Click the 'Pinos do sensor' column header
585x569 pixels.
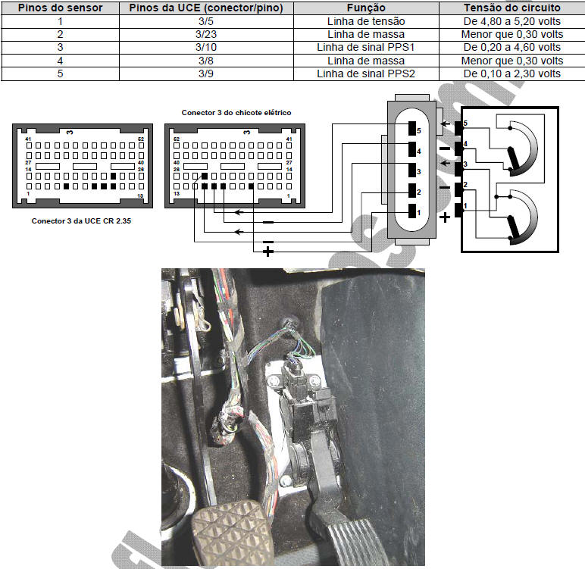pos(60,8)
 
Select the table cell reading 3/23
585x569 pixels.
pos(206,34)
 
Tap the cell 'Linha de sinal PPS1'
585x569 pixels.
pos(365,48)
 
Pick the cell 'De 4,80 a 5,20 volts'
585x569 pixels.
pos(512,21)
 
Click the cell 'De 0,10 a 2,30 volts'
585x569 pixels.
pos(512,73)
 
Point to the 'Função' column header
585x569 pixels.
pos(366,8)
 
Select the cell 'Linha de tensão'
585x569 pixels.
pos(366,21)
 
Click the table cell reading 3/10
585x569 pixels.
pos(206,48)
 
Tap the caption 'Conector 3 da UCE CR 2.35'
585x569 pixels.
pos(81,221)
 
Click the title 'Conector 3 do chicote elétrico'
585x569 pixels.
pos(236,113)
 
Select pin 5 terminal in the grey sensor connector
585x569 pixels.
pos(412,128)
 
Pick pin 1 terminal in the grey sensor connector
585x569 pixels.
pos(412,211)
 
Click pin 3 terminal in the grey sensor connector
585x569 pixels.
pos(412,170)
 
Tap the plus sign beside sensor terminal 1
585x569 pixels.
pos(445,217)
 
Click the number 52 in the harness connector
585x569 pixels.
pos(177,139)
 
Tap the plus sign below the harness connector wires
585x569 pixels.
pos(268,252)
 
